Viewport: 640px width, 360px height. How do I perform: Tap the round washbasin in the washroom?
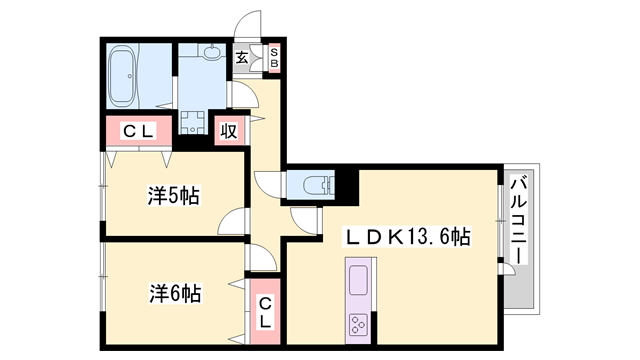(x=211, y=54)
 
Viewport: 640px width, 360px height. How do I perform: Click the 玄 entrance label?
(x=243, y=58)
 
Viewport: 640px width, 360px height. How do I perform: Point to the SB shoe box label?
(x=274, y=57)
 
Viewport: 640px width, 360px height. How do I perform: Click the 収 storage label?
(x=229, y=129)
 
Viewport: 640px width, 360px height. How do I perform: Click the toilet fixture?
(x=313, y=184)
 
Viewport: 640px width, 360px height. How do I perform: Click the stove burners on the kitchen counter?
(x=358, y=323)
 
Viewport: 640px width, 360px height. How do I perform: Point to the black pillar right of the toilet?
(x=346, y=185)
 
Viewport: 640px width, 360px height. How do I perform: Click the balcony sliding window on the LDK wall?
(x=503, y=230)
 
